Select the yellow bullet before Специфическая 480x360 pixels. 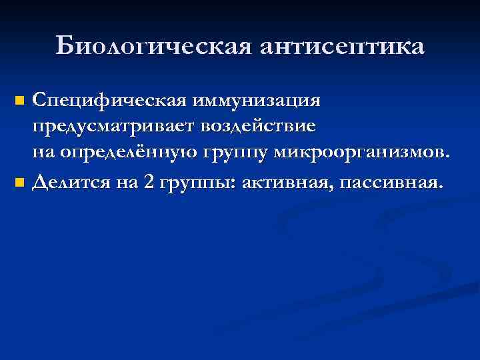19,102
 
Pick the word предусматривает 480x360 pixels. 115,127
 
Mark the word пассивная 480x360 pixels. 390,181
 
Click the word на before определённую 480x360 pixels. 45,154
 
